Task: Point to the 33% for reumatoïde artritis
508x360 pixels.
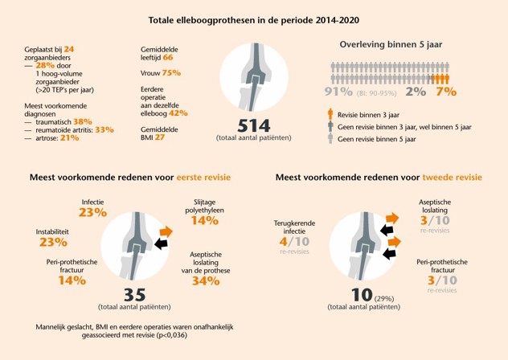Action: point(104,129)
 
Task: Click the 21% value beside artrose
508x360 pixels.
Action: point(69,138)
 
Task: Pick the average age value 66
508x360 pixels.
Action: point(167,58)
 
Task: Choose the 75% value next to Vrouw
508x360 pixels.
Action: point(171,73)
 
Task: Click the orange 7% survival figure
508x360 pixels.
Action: point(445,92)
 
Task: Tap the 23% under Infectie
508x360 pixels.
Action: point(92,213)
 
